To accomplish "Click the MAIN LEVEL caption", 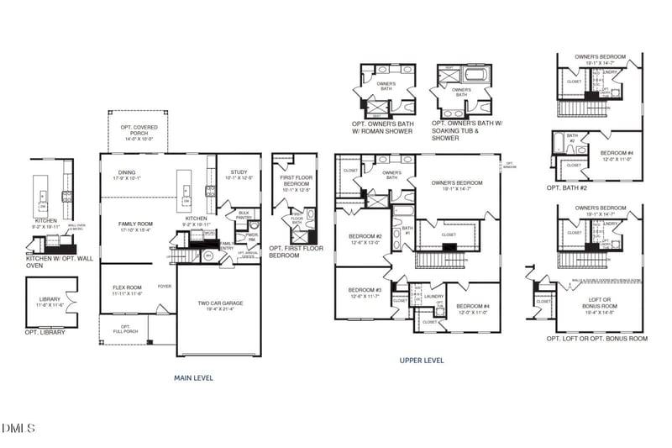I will point(192,378).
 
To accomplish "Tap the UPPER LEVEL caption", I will point(422,361).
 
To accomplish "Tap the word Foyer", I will point(164,286).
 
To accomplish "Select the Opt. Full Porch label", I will point(126,329).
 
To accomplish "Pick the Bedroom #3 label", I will point(365,293).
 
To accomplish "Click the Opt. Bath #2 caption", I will point(567,187).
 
